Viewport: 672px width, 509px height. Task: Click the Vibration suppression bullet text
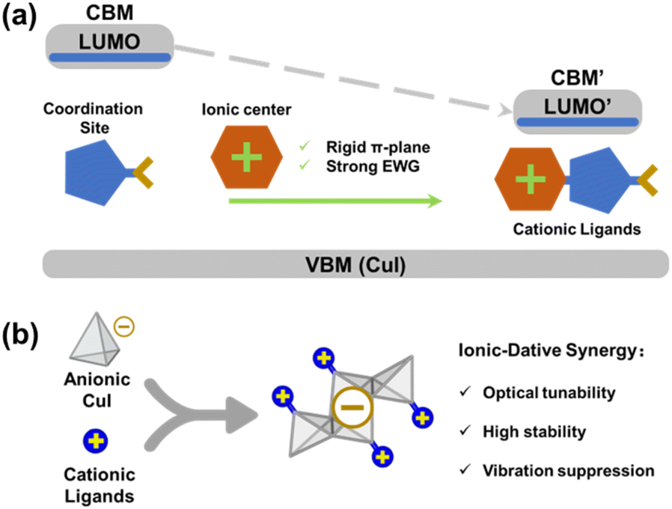(x=568, y=471)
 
